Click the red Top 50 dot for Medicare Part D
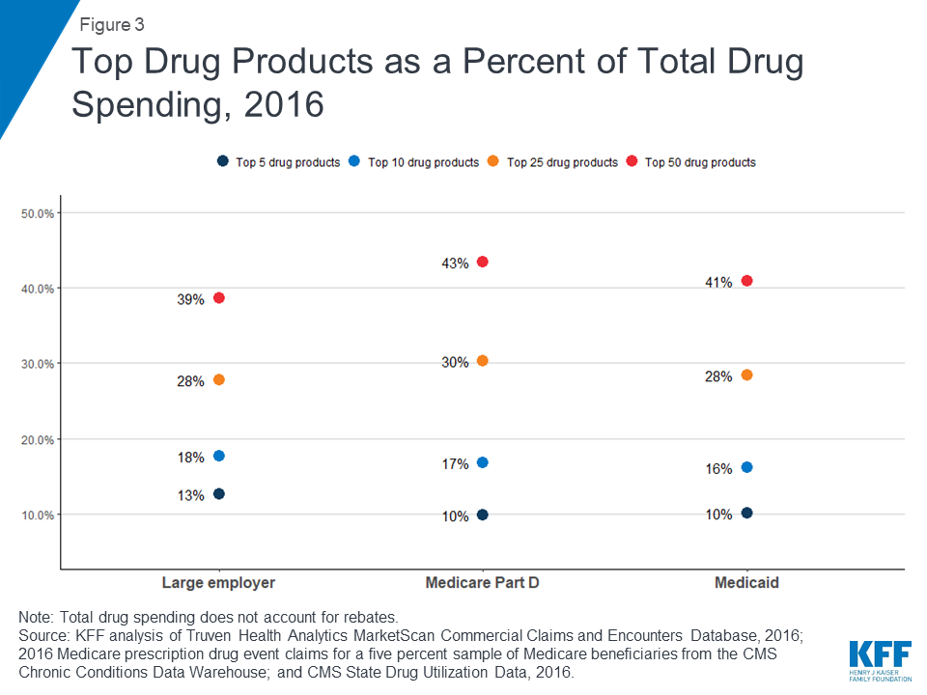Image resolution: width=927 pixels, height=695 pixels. (483, 262)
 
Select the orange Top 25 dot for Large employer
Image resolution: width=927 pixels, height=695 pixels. (219, 379)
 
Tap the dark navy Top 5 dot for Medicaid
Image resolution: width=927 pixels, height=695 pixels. (746, 513)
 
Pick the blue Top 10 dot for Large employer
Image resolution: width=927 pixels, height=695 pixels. (219, 456)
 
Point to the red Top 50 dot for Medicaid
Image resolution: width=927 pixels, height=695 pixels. (746, 281)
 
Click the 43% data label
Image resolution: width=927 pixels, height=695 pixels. (455, 264)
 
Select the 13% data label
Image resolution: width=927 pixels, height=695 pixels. (190, 495)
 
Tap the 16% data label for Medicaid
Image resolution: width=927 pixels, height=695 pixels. (718, 469)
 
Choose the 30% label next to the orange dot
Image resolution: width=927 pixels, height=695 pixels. (455, 362)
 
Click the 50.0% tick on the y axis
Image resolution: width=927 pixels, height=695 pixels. (38, 213)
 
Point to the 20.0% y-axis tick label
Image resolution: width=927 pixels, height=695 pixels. (38, 440)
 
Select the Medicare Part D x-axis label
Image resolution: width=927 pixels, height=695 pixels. (483, 583)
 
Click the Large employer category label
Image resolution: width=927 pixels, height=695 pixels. (219, 583)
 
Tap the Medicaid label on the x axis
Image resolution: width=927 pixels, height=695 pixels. (746, 583)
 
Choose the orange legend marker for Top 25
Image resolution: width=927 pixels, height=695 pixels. (493, 161)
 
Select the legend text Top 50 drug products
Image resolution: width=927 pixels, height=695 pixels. (700, 162)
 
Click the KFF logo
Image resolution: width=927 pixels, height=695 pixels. (881, 660)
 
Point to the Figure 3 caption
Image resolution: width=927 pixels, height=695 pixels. (112, 25)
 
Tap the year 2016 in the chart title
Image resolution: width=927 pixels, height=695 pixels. (284, 104)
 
